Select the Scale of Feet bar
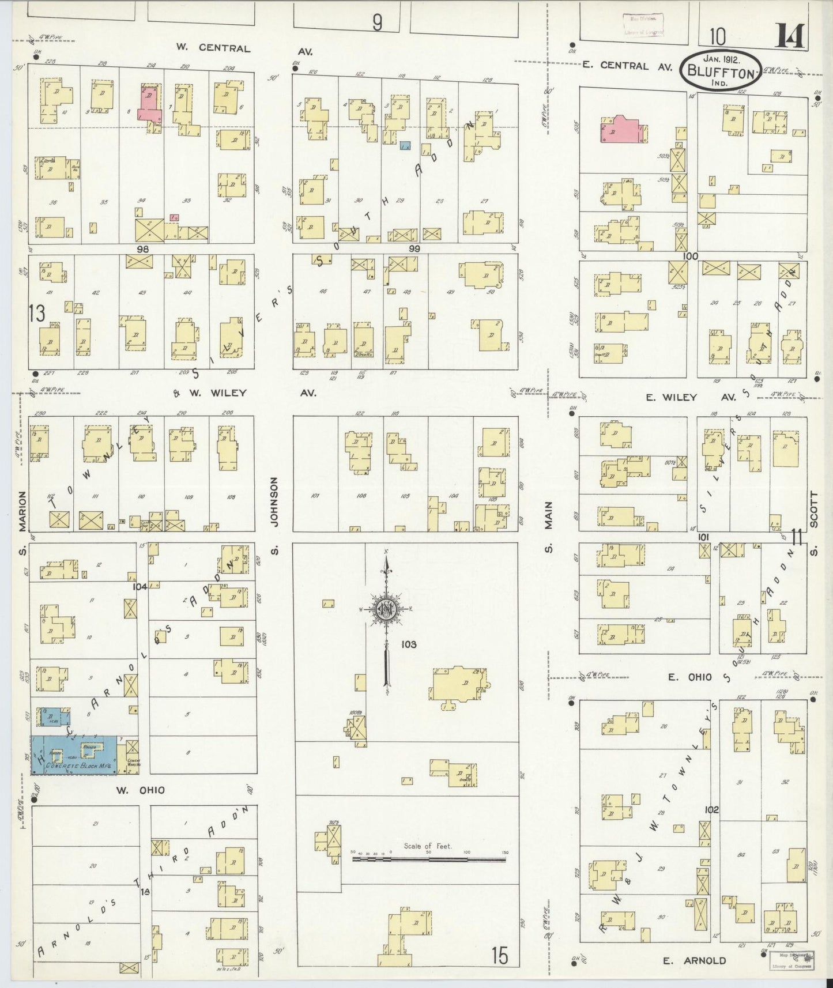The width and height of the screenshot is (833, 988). coord(429,859)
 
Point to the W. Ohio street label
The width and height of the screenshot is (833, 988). coord(141,790)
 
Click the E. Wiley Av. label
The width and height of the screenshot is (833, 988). coord(689,397)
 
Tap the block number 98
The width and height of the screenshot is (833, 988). coord(143,248)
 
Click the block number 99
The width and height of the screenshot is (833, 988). coord(414,248)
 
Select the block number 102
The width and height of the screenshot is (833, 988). coord(711,809)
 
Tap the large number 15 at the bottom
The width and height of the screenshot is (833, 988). coord(500,956)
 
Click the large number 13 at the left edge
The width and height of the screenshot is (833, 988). coord(36,314)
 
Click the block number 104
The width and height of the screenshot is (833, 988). coord(140,586)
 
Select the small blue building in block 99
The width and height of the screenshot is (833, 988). coord(405,146)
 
